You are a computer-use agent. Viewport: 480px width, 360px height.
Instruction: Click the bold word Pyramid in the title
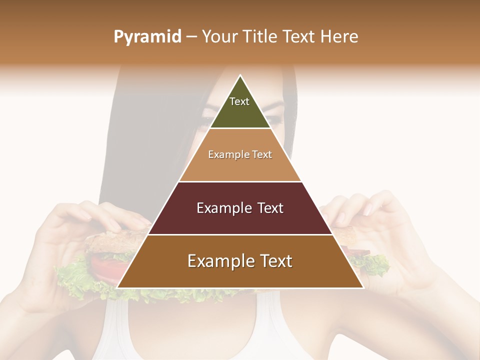click(147, 37)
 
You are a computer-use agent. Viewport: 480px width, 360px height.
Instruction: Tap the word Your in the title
click(220, 37)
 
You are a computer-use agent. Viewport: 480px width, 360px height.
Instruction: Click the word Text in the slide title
click(300, 37)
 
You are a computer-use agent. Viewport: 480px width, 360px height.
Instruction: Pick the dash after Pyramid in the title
click(191, 37)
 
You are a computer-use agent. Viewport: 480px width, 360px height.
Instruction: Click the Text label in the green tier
click(239, 101)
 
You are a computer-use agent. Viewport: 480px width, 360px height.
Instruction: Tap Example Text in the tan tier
click(240, 154)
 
